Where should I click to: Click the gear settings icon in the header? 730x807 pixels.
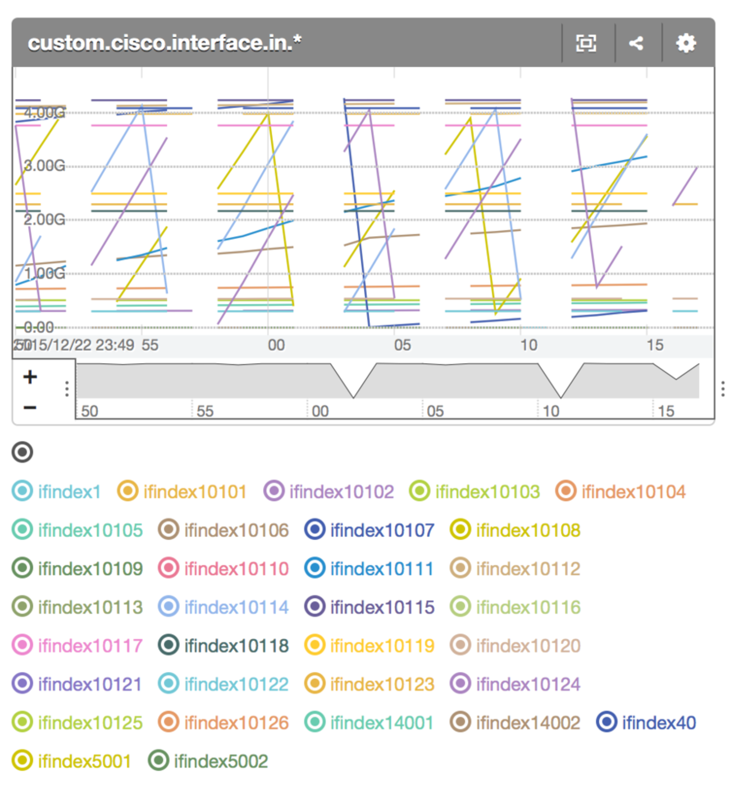coord(686,43)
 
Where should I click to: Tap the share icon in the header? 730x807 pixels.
coord(636,43)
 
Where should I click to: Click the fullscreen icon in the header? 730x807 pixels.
coord(586,43)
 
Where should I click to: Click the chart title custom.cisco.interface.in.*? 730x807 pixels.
coord(165,43)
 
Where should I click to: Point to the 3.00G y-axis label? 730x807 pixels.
coord(44,166)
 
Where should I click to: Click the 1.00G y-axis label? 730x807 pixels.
coord(44,273)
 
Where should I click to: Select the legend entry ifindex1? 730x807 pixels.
coord(57,492)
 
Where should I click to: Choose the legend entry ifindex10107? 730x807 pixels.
coord(369,530)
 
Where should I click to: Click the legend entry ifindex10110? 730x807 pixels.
coord(223,568)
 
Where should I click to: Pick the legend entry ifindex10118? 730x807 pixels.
coord(223,645)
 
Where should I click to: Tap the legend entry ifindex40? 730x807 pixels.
coord(646,722)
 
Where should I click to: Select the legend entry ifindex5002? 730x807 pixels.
coord(208,761)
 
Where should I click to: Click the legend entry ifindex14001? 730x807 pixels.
coord(369,722)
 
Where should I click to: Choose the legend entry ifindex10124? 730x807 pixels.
coord(515,684)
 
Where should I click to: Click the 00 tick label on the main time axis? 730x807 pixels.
coord(276,345)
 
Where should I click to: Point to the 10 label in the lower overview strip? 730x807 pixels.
coord(551,411)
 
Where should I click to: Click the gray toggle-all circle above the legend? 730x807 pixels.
coord(22,452)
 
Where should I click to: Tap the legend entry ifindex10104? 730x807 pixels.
coord(621,492)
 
